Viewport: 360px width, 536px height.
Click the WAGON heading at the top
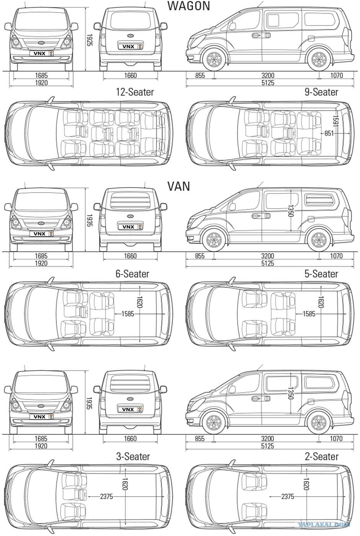pos(188,6)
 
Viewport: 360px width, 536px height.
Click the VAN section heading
pos(179,186)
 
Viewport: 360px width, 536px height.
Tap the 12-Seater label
pos(135,92)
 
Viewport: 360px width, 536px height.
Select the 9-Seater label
pos(321,92)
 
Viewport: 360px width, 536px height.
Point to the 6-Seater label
pos(133,274)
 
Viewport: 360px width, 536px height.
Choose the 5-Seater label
pos(321,274)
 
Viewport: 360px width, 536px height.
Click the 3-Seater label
pos(133,456)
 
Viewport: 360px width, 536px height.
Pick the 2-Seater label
pos(321,456)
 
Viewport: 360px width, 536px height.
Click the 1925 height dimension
pos(89,40)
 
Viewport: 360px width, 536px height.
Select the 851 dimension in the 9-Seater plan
pos(329,133)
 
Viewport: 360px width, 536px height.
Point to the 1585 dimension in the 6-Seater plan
pos(128,314)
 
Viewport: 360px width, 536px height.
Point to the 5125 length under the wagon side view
pos(268,83)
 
